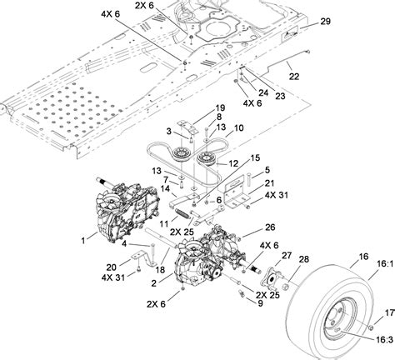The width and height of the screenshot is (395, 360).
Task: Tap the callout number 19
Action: (x=220, y=109)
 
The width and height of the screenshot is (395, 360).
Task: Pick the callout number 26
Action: (x=269, y=227)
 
